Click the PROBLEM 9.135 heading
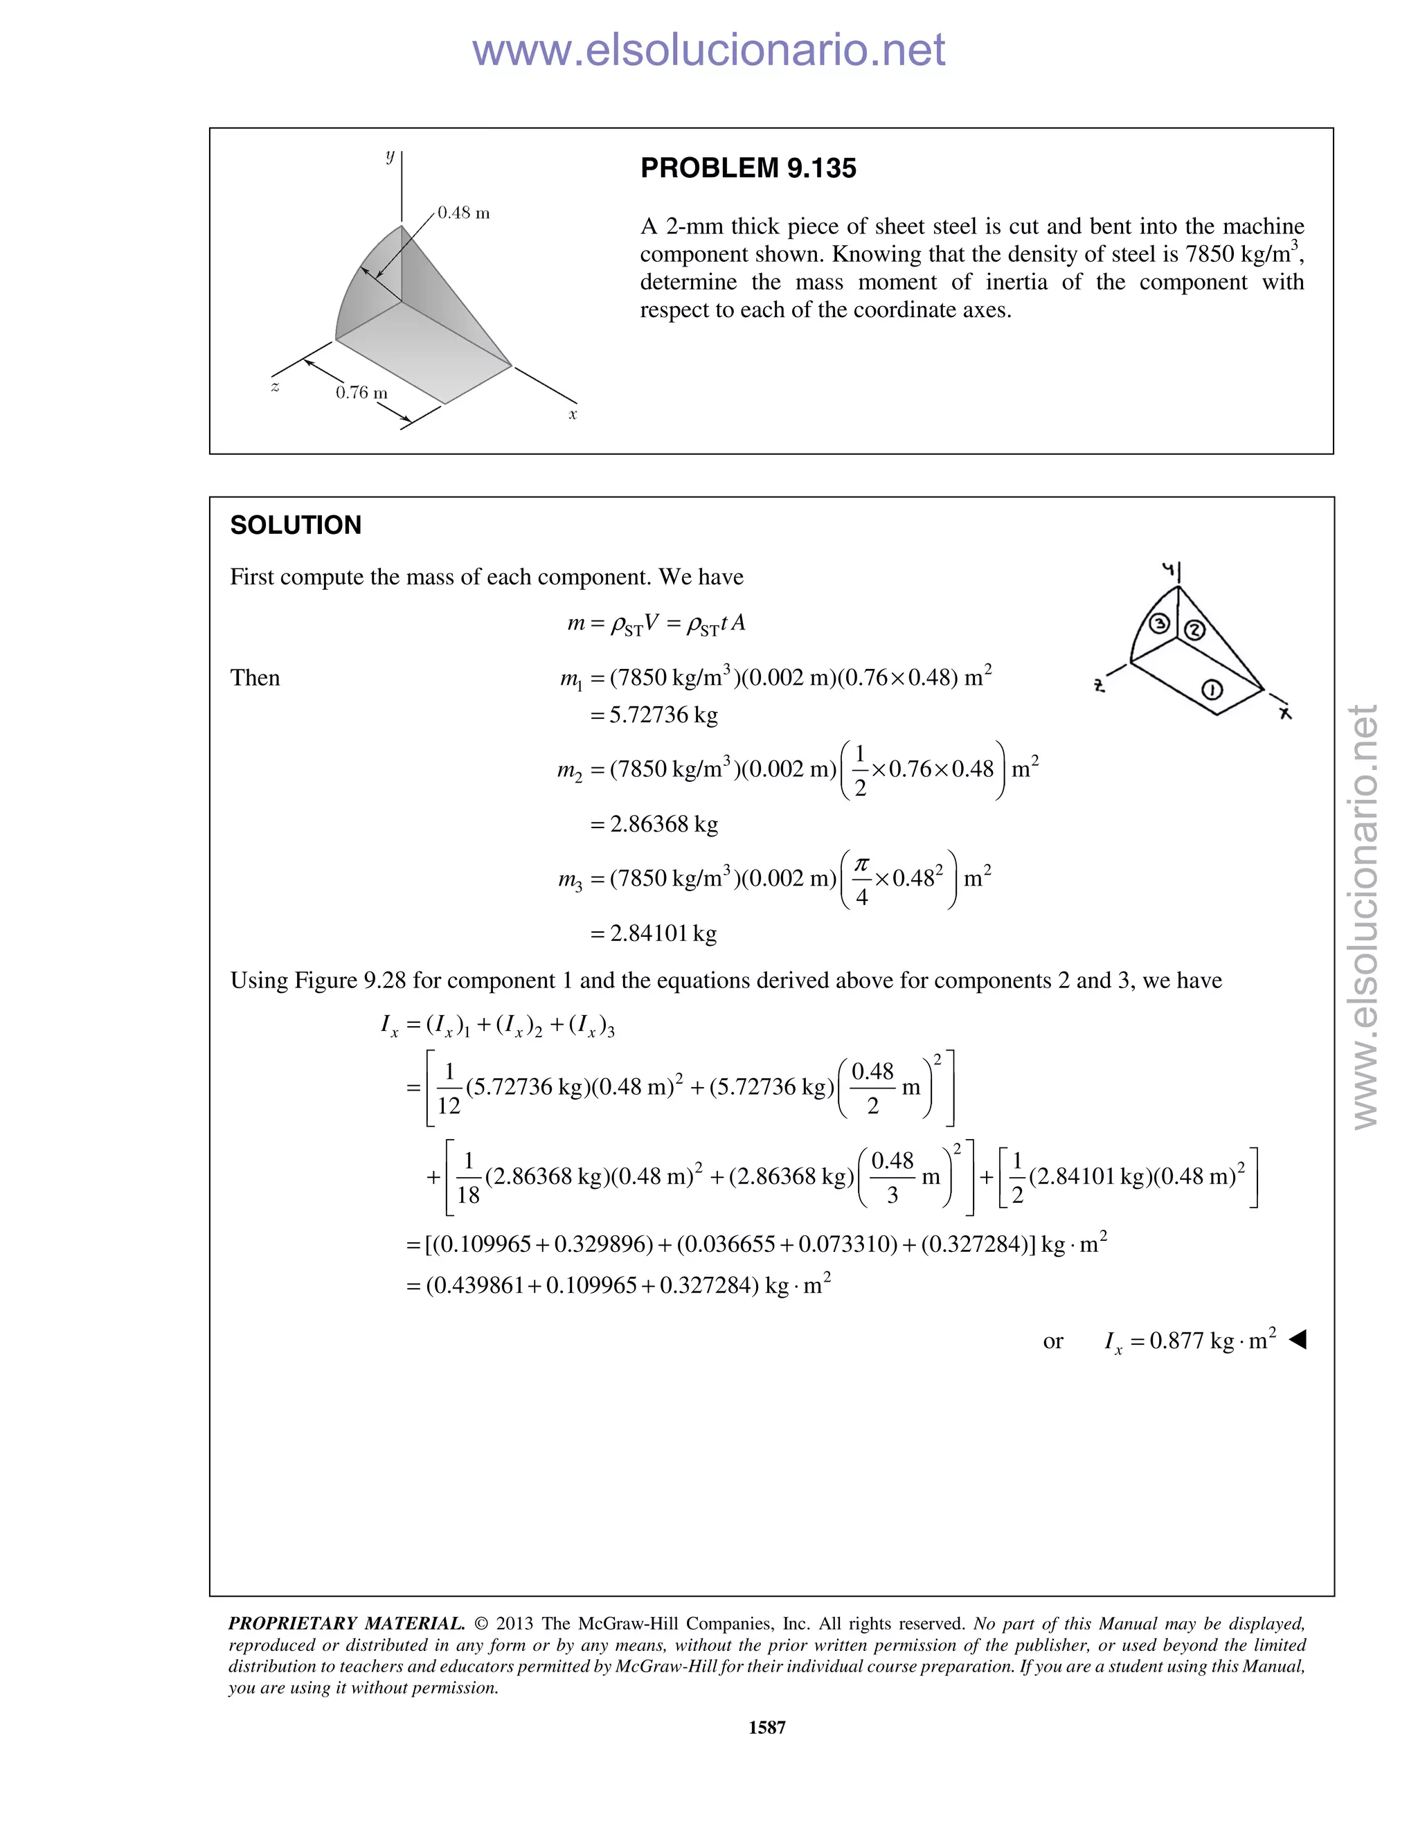click(748, 168)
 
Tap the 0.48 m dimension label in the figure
click(464, 213)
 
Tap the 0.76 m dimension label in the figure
click(361, 393)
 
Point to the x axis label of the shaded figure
click(573, 414)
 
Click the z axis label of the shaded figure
click(275, 386)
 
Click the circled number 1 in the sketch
click(1212, 690)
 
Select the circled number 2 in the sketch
click(1194, 630)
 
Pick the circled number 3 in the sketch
click(1160, 623)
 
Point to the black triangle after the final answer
click(1298, 1339)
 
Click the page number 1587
click(766, 1728)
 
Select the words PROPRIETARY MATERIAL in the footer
click(346, 1623)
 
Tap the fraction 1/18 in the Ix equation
click(468, 1178)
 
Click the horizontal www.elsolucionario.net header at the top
click(708, 51)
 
